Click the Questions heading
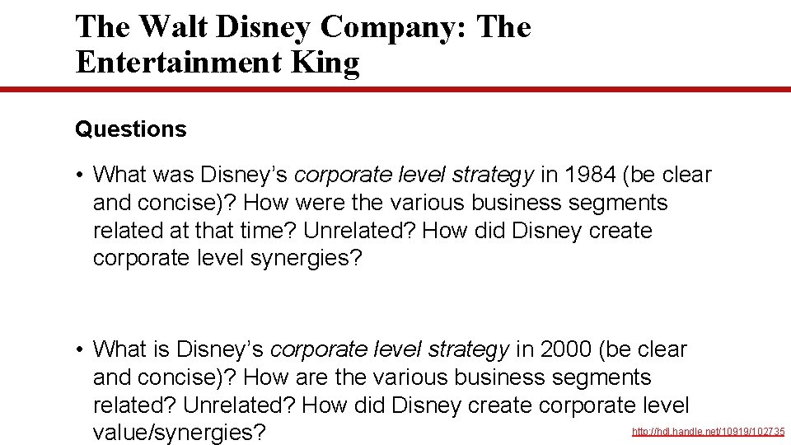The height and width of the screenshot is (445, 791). click(x=130, y=129)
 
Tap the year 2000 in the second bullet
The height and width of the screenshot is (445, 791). click(x=565, y=349)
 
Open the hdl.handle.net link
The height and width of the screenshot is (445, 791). click(x=708, y=432)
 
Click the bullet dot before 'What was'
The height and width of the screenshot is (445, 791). click(x=80, y=175)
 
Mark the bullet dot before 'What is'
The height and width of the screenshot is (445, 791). click(x=80, y=349)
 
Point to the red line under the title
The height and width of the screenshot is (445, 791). click(x=395, y=90)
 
